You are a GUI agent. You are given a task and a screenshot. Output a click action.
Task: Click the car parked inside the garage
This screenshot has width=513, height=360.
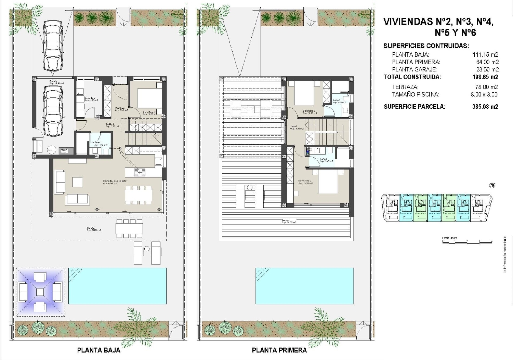click(53, 110)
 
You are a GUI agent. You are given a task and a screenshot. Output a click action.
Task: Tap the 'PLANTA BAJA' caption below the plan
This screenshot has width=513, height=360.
click(98, 350)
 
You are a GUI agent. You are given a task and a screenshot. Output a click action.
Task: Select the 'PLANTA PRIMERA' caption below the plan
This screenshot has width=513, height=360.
click(279, 350)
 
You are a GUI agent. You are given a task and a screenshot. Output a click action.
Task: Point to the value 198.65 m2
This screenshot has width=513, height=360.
click(485, 77)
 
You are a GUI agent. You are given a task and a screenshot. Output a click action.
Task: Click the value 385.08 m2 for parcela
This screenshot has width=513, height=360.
click(485, 107)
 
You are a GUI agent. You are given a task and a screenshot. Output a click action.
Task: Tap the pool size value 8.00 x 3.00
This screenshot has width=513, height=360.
click(484, 94)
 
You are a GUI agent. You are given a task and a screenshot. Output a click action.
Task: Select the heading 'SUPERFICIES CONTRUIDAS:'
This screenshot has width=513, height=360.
click(426, 46)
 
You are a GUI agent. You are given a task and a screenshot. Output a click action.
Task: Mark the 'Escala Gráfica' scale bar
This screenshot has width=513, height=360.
click(467, 241)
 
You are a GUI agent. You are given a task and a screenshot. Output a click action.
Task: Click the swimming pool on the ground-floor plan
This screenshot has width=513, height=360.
click(117, 286)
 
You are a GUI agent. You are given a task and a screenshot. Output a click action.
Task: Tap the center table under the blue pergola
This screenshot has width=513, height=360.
click(40, 292)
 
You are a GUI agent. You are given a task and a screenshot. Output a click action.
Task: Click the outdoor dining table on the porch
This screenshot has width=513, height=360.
click(129, 228)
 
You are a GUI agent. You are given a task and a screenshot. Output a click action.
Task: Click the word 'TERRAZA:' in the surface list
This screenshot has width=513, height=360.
click(405, 87)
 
